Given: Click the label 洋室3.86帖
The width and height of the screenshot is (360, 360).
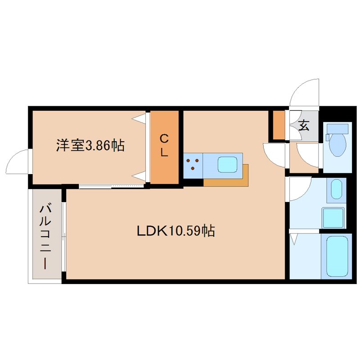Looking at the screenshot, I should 90,145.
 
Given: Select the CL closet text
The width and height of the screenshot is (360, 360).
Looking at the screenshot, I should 165,145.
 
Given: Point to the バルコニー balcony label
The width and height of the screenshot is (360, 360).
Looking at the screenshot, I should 45,236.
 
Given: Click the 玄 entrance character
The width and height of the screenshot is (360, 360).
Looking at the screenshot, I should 304,126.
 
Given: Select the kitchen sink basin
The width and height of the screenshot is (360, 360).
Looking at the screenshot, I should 228,165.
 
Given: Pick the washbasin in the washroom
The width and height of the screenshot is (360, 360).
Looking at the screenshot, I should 336,190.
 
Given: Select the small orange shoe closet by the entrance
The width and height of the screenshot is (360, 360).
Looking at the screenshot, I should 279,125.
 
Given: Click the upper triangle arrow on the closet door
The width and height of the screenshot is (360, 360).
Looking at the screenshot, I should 139,119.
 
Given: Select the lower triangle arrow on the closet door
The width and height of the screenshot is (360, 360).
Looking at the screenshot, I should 139,175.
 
